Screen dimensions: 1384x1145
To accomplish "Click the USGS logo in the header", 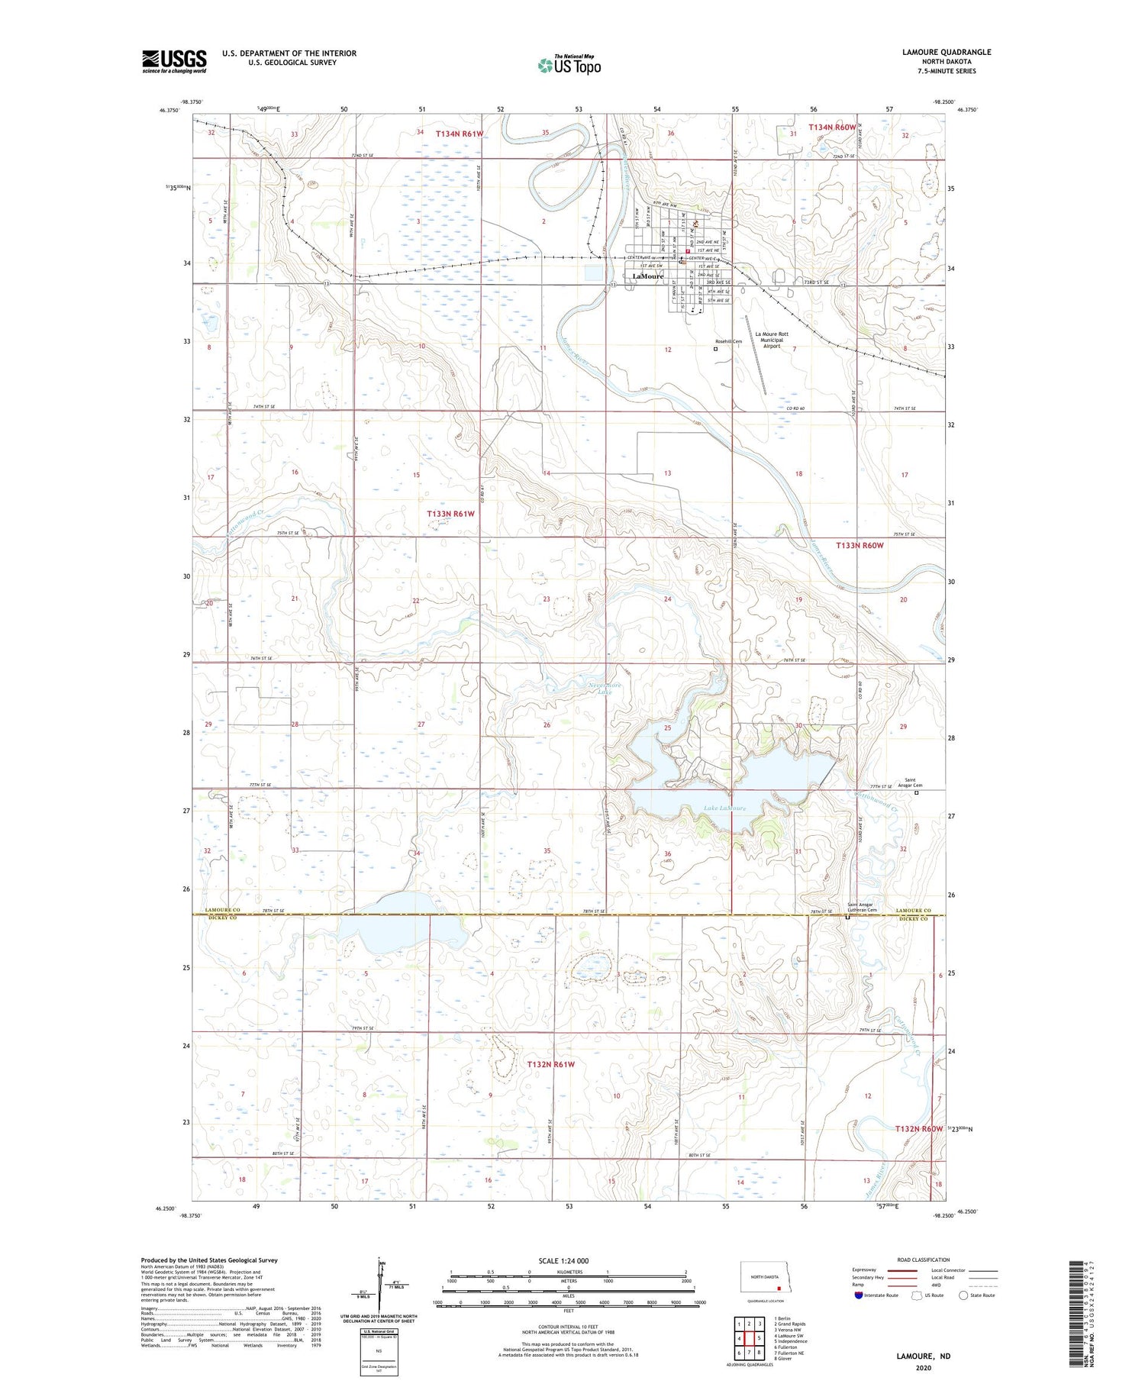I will (174, 60).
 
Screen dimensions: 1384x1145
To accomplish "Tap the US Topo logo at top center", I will (569, 65).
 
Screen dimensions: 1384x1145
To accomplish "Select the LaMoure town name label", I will (647, 276).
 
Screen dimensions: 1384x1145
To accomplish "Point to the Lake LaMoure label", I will (725, 808).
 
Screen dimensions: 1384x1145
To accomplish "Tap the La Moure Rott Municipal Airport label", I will (772, 340).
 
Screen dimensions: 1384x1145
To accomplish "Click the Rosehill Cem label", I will (728, 341).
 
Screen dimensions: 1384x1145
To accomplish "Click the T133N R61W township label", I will (450, 514).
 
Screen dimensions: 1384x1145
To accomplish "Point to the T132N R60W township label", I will (919, 1128).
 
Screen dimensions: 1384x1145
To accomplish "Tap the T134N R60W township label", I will (832, 127).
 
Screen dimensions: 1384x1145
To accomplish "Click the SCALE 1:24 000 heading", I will (563, 1260).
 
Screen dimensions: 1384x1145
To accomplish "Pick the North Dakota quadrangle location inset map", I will (766, 1276).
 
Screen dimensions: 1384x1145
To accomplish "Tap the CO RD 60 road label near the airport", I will (796, 409).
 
